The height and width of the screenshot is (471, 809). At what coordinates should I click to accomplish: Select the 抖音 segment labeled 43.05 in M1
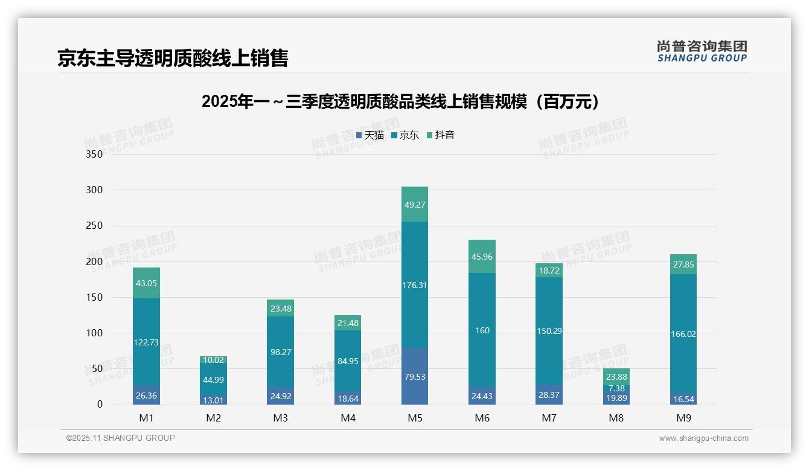pos(146,283)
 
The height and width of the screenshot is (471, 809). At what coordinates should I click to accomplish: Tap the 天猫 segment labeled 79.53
pos(415,376)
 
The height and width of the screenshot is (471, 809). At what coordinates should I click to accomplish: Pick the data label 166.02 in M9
pos(683,333)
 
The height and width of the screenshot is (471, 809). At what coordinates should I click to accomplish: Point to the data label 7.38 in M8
pos(616,388)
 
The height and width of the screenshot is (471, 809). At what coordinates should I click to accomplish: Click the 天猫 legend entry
pos(370,135)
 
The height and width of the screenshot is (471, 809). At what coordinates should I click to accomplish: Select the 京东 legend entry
pos(405,135)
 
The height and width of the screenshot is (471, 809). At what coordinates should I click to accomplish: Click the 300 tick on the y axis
pos(95,190)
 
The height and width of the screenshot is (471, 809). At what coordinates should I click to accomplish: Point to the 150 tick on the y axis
pos(95,297)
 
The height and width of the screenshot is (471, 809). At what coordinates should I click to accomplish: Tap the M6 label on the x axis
pos(482,418)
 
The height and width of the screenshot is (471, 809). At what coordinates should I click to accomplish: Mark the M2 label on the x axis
pos(213,418)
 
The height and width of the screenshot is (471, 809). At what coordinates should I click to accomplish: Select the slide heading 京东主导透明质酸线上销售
pos(173,58)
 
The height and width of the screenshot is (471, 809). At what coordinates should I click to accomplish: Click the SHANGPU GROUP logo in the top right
pos(702,51)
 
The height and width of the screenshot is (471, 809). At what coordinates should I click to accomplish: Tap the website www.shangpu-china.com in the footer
pos(703,438)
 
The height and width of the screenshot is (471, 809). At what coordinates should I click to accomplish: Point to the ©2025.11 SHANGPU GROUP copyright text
pos(121,438)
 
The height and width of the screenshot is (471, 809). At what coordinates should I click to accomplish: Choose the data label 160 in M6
pos(482,330)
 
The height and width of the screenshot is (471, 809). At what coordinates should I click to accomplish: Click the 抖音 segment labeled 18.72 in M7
pos(549,271)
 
